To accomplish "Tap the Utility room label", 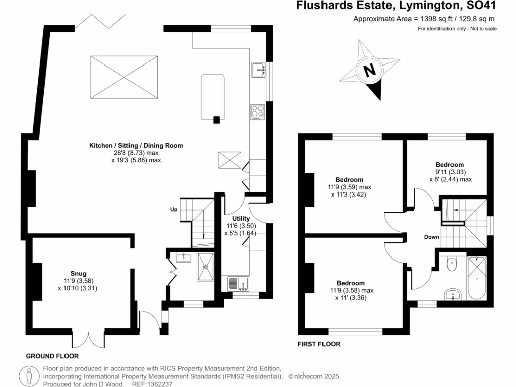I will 241,218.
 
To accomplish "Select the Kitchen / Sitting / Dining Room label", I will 136,145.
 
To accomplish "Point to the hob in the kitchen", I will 257,111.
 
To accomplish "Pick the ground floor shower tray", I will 206,264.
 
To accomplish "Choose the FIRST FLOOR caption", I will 319,344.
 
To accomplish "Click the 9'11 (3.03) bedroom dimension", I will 449,172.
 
